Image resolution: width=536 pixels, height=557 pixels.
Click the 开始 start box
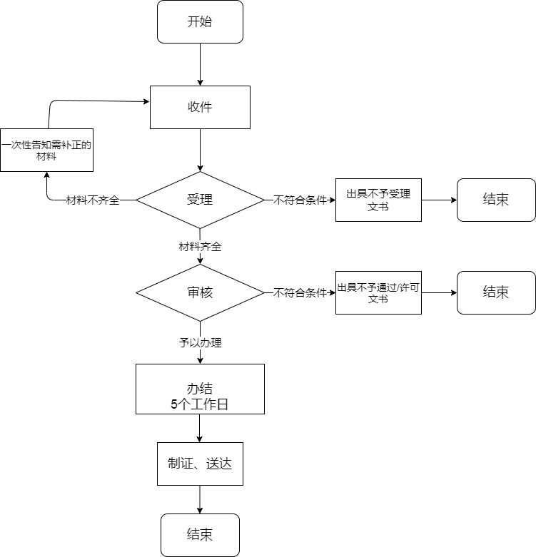tap(200, 22)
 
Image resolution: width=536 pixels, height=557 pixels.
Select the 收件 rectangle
tap(200, 107)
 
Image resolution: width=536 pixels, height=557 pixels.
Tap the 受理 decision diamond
tap(200, 200)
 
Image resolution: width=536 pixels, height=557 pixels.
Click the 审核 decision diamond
tap(200, 292)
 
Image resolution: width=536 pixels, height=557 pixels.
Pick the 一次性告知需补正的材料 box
tap(47, 150)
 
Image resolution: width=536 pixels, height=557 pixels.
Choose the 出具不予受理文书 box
tap(378, 200)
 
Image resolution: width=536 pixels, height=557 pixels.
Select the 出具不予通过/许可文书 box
tap(378, 292)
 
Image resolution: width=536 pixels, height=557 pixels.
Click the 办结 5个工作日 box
tap(200, 389)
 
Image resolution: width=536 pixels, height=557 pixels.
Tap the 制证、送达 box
tap(200, 464)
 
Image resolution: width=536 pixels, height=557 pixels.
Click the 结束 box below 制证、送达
tap(200, 535)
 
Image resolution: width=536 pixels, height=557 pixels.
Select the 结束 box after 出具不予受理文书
tap(496, 200)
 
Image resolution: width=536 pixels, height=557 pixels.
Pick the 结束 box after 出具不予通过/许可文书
tap(496, 292)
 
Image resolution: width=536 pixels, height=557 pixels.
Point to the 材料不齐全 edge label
tap(93, 200)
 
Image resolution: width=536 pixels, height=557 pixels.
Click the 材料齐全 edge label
tap(200, 247)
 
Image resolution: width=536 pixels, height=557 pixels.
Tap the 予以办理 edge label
tap(200, 343)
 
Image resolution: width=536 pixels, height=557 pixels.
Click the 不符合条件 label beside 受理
tap(300, 200)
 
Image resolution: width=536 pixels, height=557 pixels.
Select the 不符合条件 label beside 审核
tap(300, 293)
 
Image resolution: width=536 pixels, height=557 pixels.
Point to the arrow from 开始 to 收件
tap(200, 65)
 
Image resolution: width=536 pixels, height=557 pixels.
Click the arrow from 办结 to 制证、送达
tap(200, 429)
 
